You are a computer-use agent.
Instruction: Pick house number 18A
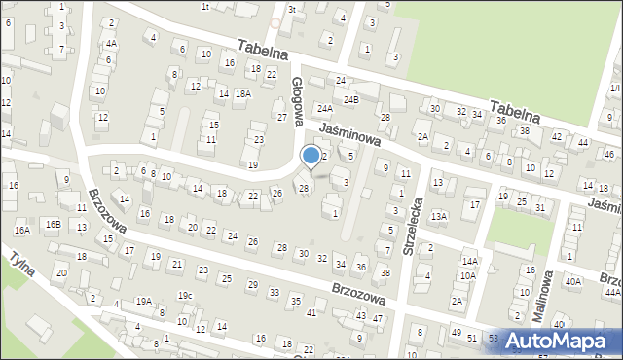243,94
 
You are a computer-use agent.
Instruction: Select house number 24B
350,99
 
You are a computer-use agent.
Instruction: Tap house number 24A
324,109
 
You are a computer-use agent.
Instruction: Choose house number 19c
185,295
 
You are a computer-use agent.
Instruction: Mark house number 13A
439,216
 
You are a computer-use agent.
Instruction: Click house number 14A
470,262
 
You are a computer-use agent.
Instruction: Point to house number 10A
467,275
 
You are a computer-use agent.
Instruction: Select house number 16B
55,225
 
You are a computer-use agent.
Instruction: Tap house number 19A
144,302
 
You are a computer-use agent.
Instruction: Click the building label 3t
291,9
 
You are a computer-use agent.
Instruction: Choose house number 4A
112,44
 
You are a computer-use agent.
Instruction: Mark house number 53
495,338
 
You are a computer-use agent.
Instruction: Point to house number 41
311,312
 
